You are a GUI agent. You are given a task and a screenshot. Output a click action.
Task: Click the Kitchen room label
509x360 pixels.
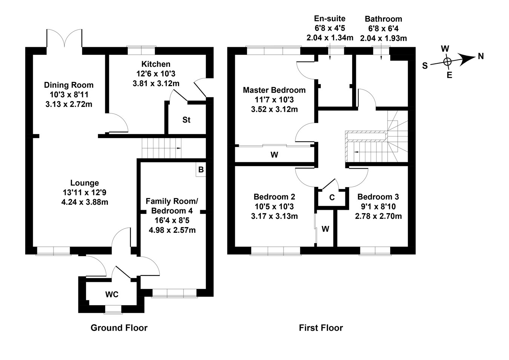coord(156,64)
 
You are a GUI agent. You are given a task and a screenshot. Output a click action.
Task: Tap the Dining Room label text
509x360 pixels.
coord(69,85)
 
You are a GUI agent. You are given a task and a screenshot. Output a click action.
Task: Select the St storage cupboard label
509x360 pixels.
coord(186,120)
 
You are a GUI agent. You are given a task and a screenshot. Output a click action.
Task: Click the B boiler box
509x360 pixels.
coord(201,169)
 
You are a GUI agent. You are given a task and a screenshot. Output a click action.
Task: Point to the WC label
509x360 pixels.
coord(112,294)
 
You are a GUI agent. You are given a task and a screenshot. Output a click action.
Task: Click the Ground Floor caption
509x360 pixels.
coord(119,328)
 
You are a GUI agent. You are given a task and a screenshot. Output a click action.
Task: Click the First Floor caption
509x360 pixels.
coord(321,328)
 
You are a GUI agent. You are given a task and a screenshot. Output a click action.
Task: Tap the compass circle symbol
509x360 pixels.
coord(447,62)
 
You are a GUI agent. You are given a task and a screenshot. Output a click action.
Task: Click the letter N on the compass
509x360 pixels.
coord(480,56)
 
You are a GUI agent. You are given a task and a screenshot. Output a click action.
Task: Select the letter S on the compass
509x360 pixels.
coord(425,66)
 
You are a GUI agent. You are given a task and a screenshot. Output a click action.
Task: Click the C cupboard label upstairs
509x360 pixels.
coord(332,198)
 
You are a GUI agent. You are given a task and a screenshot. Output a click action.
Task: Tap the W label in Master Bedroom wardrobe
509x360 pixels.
coord(274,155)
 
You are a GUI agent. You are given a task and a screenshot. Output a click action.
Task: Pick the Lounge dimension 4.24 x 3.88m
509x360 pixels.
coord(84,202)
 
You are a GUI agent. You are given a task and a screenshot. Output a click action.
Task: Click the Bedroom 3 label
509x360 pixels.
coord(378,197)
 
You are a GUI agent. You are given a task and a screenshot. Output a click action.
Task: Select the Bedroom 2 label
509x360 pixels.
coord(274,197)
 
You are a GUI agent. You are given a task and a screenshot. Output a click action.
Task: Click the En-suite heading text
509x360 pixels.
coord(330,18)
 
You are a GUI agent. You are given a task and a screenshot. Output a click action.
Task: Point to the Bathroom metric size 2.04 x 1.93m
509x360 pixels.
coord(383,38)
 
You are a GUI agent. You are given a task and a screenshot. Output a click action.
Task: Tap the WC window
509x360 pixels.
coord(113,309)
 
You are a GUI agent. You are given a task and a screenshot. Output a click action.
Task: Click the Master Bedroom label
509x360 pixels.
coord(274,90)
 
